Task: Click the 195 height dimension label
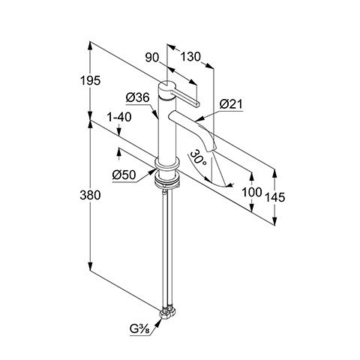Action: point(90,80)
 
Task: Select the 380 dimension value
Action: point(90,195)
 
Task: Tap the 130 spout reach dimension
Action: point(190,57)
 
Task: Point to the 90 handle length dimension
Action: point(152,58)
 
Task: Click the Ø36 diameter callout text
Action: point(137,97)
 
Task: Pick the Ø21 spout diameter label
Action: point(231,104)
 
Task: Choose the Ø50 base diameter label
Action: point(124,175)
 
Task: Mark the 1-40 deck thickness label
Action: point(118,117)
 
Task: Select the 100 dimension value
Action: point(252,192)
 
